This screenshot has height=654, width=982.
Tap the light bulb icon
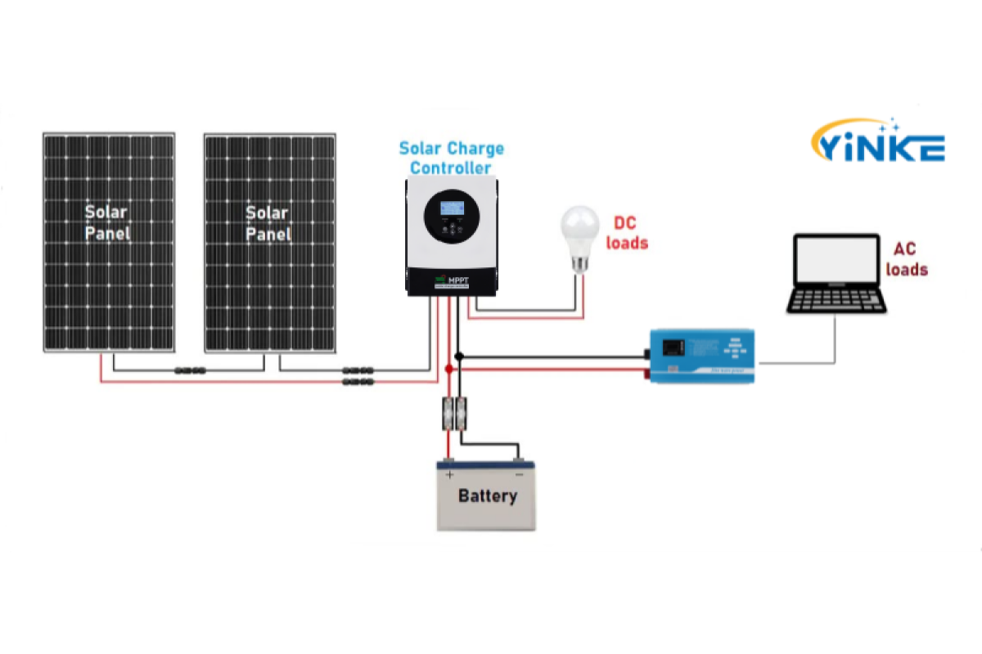click(579, 237)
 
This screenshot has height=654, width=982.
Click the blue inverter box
click(702, 356)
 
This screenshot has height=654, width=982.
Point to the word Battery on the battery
click(487, 496)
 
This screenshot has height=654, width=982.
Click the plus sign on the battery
click(448, 474)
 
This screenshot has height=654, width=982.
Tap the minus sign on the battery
click(518, 474)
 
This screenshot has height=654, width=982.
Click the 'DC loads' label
click(626, 232)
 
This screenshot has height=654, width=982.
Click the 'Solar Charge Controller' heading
click(452, 159)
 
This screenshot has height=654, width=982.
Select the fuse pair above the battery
click(455, 413)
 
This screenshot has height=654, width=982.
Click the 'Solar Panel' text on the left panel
click(107, 222)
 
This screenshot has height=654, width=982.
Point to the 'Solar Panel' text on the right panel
click(268, 222)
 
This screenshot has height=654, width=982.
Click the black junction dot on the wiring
click(459, 356)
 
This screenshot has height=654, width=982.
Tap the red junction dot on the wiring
click(448, 370)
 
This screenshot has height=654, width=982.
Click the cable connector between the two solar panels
click(190, 370)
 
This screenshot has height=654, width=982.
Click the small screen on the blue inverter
click(672, 347)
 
